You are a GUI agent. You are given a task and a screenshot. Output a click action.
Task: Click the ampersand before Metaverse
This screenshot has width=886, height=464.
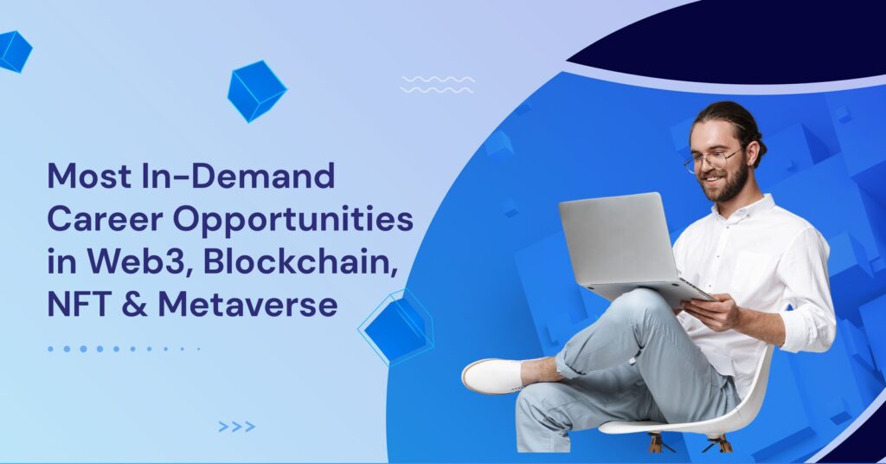(134, 305)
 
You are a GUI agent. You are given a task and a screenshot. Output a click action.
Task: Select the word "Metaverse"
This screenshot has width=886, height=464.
(248, 305)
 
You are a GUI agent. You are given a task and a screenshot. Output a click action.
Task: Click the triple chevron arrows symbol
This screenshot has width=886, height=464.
(237, 427)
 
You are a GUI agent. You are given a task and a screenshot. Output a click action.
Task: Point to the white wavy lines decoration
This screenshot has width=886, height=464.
(437, 84)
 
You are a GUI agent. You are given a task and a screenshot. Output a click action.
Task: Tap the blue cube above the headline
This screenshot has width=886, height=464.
(257, 91)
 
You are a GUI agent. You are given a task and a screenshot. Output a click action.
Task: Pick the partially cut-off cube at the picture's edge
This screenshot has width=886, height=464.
(14, 51)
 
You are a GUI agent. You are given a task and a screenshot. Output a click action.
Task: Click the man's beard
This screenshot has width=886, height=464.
(727, 184)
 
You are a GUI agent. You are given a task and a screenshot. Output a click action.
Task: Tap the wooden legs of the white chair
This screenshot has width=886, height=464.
(690, 442)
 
